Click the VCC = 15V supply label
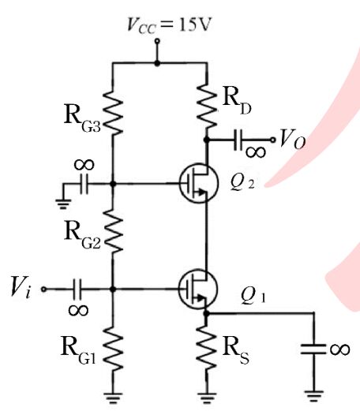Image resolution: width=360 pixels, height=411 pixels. coord(169,25)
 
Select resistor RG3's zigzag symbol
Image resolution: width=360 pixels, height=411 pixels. coord(113,113)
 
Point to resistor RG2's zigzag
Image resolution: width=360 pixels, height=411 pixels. coord(113,231)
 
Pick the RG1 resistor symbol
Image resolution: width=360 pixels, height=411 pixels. coord(113,349)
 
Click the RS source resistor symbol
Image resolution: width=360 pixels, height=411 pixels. coord(207,348)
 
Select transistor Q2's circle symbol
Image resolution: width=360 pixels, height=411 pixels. coord(199,183)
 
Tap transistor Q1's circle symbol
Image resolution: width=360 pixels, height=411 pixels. coord(198,289)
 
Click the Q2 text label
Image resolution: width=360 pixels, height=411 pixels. coord(242,182)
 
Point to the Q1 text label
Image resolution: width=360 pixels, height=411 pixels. coord(253,296)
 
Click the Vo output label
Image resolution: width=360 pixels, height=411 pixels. coord(292,139)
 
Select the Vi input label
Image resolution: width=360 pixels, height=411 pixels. coord(21,288)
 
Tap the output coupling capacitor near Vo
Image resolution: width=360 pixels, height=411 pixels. coord(238,140)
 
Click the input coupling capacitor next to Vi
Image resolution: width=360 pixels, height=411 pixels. coord(77,289)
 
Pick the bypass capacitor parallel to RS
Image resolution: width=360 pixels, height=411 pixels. coord(313,349)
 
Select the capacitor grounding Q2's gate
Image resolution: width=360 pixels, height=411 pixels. coord(84,184)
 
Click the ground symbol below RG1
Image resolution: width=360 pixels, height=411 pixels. coord(113,398)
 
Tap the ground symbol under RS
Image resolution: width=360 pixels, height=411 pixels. coord(207,398)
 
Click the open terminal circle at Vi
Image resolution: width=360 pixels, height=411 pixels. coord(43,289)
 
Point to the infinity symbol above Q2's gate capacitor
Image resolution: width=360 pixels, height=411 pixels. coord(84,165)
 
